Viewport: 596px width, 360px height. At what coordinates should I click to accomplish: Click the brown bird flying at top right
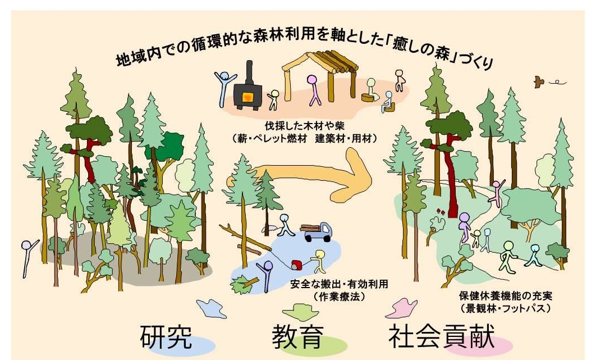pos(539,81)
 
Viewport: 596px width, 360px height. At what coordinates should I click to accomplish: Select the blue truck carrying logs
pos(318,231)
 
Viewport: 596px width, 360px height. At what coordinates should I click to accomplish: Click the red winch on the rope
pos(296,264)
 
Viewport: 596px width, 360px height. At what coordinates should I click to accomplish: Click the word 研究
pos(166,336)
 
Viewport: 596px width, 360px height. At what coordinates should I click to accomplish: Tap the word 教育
pos(298,336)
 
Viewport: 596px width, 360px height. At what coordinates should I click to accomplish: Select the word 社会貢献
pos(441,336)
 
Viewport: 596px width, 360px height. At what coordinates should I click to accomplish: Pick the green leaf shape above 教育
pos(301,312)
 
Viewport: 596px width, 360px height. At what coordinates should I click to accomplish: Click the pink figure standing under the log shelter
pos(313,90)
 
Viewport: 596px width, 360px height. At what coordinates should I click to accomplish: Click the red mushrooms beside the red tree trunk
pos(441,211)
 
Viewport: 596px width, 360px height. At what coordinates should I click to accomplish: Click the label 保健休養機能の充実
pos(506,295)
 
